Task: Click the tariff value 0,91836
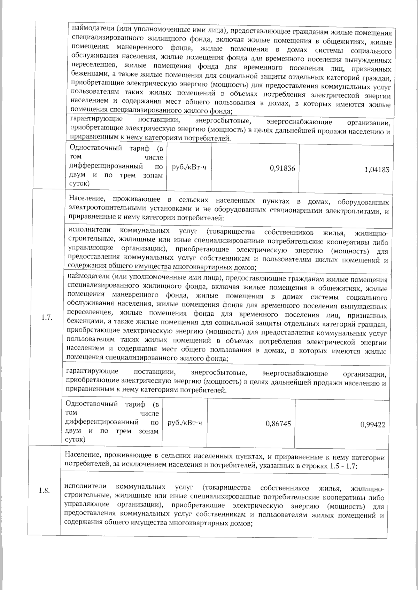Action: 282,168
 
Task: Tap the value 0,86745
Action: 278,423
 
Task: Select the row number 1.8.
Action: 44,491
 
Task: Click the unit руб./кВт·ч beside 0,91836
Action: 189,167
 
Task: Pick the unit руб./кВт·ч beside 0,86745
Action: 185,423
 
